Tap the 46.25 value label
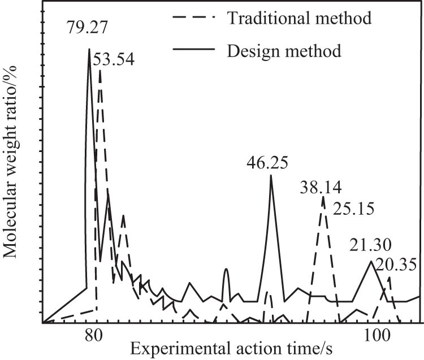click(267, 163)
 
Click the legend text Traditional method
click(299, 18)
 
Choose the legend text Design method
click(284, 51)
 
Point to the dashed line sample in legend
click(193, 19)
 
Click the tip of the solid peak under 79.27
click(89, 49)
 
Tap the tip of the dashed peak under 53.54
click(100, 71)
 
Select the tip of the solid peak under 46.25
click(271, 175)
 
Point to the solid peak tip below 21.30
click(370, 261)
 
